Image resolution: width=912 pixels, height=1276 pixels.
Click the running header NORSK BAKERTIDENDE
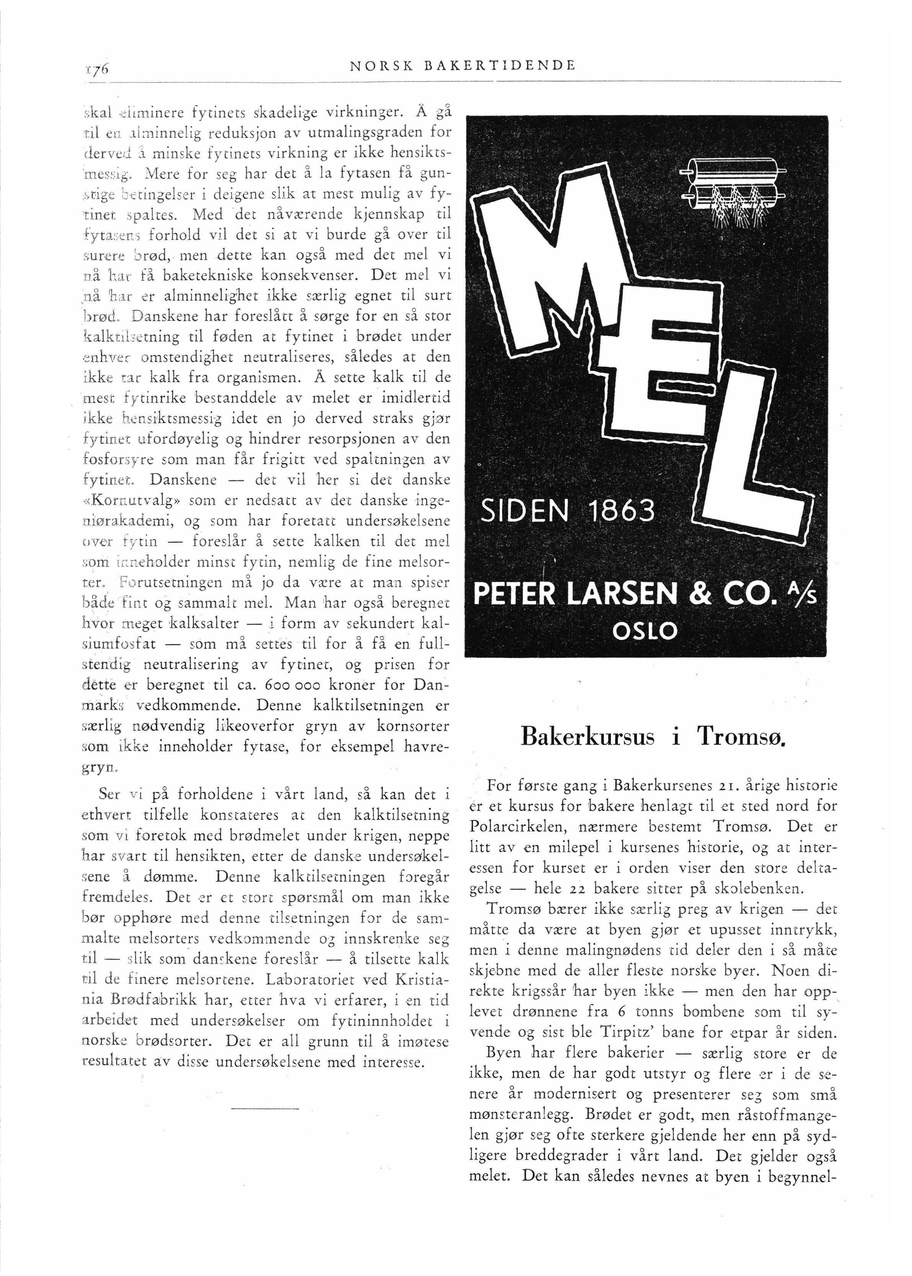(x=462, y=66)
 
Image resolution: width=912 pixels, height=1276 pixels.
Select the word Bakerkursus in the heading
(x=588, y=736)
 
